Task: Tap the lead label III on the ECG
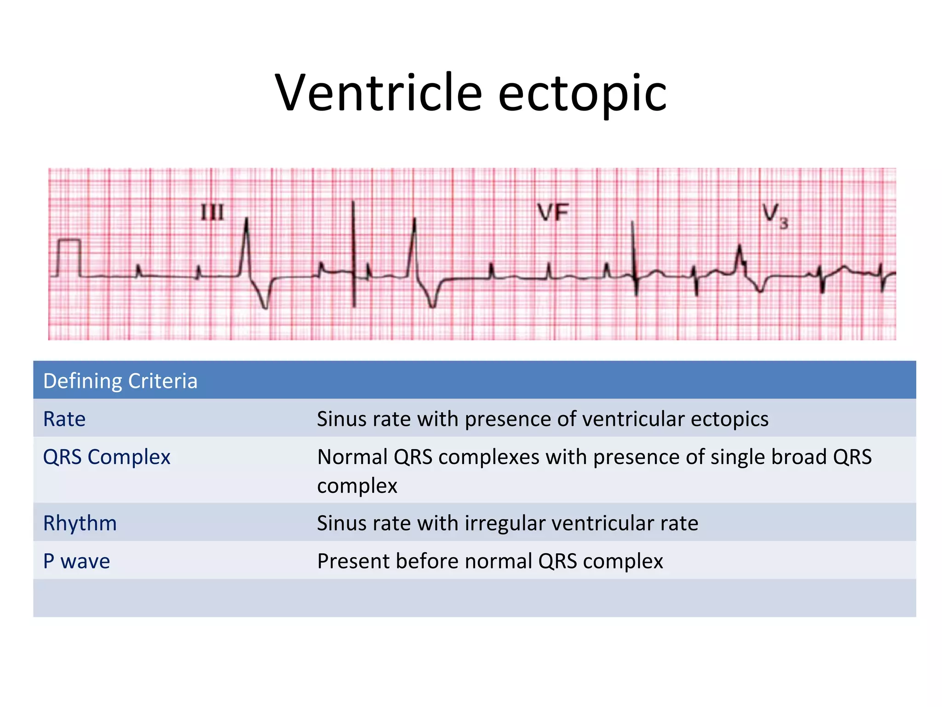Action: [212, 213]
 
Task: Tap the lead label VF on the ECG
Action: [553, 213]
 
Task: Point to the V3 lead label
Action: [775, 215]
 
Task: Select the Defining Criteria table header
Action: [120, 381]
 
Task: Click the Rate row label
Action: [64, 419]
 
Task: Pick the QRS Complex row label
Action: [107, 457]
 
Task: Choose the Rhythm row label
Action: [80, 523]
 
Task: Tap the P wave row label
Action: [76, 561]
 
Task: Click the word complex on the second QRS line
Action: [357, 486]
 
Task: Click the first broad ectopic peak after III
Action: [247, 225]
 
